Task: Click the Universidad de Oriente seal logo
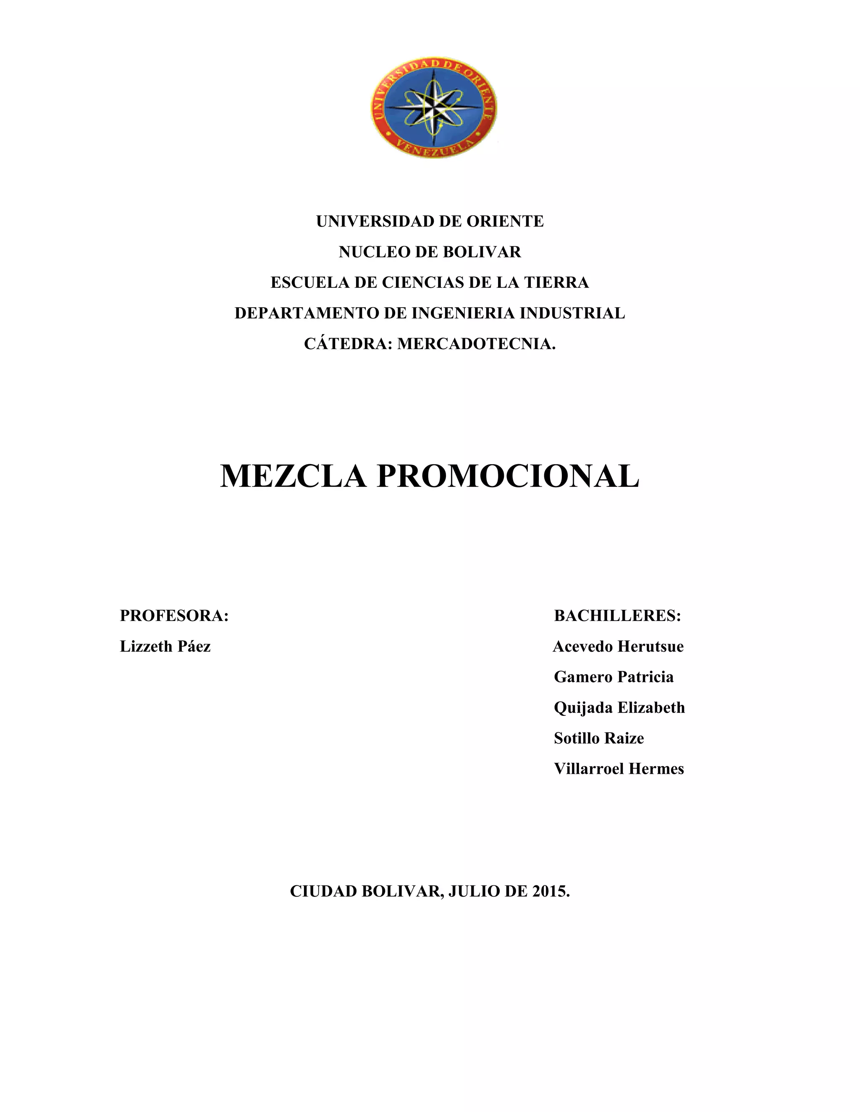(433, 110)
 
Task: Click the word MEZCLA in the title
(293, 476)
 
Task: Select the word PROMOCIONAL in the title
(507, 476)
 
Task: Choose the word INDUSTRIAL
(572, 313)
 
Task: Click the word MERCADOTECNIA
(476, 344)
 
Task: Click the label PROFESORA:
(174, 616)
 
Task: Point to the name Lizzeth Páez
(165, 646)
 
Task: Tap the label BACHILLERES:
(617, 616)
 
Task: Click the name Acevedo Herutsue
(618, 646)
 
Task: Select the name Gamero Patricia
(614, 677)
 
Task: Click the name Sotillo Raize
(599, 738)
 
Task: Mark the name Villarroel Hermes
(619, 768)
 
